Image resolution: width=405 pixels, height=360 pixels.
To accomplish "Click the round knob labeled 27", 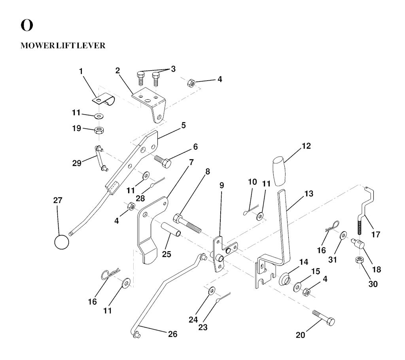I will tap(62, 242).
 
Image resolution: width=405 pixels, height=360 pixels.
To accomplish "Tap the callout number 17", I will tap(375, 235).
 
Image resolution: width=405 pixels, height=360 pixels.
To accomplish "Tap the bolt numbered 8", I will tap(187, 224).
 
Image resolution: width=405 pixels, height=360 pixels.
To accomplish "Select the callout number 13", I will tap(308, 194).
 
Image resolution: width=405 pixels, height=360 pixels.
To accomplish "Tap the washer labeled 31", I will tap(342, 235).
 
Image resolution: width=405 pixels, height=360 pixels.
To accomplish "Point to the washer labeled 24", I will tap(212, 291).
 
